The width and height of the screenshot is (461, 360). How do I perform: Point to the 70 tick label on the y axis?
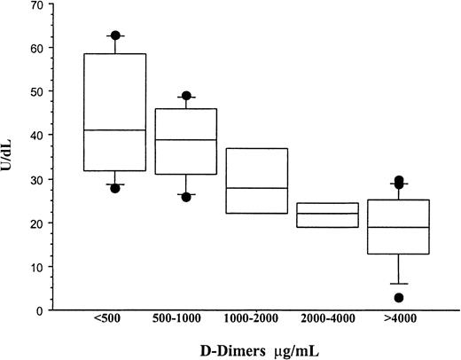tap(40, 6)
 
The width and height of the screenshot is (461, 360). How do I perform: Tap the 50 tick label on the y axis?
tap(40, 92)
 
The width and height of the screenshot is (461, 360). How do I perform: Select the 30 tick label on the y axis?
tap(40, 179)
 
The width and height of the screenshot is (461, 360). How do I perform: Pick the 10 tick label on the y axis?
tap(40, 266)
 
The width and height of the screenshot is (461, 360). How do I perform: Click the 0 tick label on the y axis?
tap(43, 309)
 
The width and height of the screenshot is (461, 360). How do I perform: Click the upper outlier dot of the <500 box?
tap(115, 35)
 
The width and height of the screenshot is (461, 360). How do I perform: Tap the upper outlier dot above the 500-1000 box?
tap(186, 96)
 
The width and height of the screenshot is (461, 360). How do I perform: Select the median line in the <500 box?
tap(115, 130)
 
